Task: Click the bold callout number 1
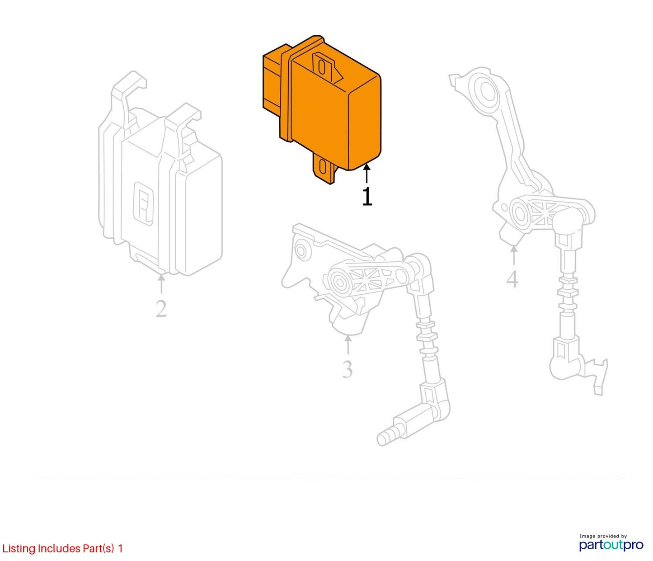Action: coord(367,197)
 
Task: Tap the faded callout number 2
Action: coord(161,308)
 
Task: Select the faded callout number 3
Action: coord(348,369)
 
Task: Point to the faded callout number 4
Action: coord(512,279)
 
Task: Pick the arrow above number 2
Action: coord(161,284)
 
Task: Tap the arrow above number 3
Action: coord(348,344)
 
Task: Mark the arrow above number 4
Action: coord(514,255)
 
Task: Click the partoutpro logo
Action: coord(611,545)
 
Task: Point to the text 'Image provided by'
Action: coord(603,536)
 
